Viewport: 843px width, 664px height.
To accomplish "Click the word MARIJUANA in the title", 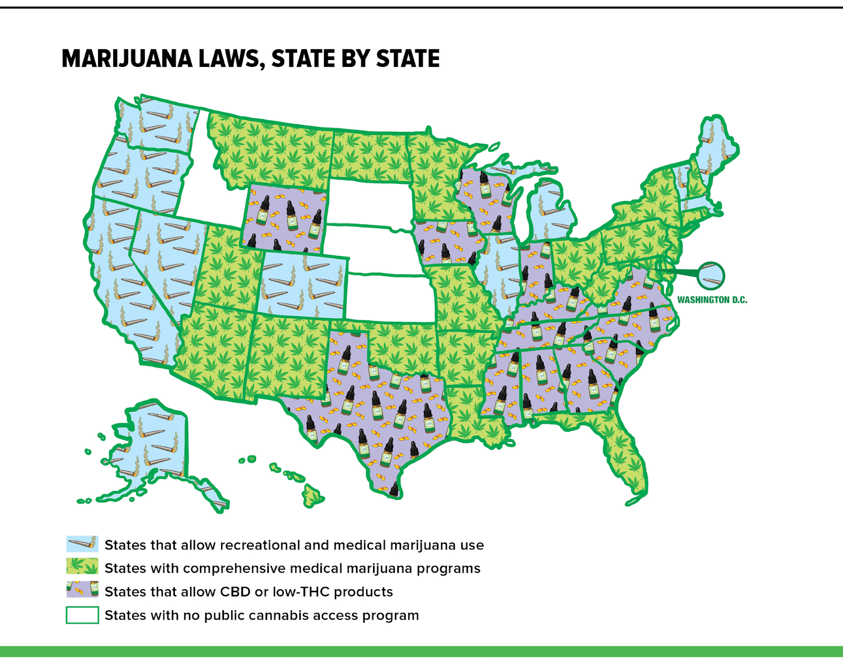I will point(127,58).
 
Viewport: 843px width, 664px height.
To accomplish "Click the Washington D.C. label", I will point(712,300).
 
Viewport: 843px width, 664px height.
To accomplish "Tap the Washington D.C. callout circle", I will point(711,275).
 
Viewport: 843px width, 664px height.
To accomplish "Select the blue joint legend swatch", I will point(82,543).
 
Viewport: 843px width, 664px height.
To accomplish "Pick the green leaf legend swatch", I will point(82,567).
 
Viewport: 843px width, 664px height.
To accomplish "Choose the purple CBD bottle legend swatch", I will point(82,590).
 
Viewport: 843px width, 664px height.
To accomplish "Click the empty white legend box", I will point(82,615).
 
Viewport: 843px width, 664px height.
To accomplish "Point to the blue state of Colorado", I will point(303,287).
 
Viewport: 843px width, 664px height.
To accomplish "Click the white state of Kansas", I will point(390,298).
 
